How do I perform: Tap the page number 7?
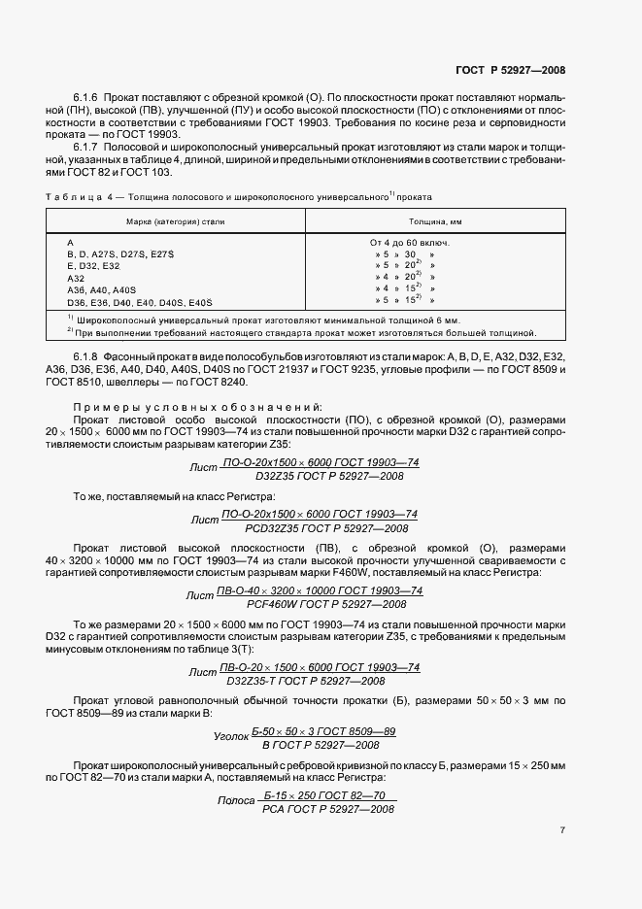(x=562, y=830)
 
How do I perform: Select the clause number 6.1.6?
(x=90, y=98)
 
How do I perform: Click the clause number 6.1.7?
(x=90, y=145)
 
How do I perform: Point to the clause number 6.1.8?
(x=90, y=358)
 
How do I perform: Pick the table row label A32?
(x=77, y=277)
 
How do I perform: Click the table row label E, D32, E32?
(x=93, y=265)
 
